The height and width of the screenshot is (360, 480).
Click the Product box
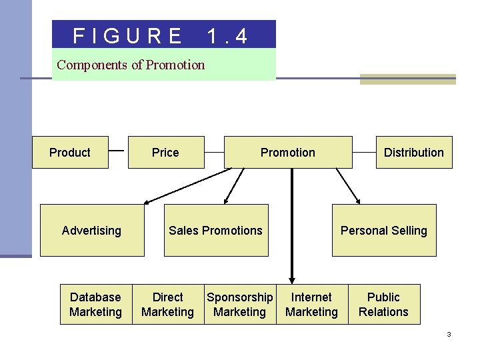tap(70, 153)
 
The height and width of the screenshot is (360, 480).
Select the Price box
tap(165, 153)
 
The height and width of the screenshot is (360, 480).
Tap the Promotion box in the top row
tap(287, 153)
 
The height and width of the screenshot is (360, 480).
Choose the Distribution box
tap(413, 153)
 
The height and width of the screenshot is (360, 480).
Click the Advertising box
tap(92, 231)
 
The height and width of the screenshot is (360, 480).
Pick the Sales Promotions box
tap(216, 231)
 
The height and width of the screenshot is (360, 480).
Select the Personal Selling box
tap(384, 231)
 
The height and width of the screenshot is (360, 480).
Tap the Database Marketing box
tap(95, 305)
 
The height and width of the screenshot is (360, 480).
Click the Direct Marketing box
tap(167, 305)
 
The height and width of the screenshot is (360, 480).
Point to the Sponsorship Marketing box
tap(239, 305)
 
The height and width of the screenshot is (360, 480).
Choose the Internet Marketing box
tap(311, 305)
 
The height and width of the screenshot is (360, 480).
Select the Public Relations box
tap(383, 305)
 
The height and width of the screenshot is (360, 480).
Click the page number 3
tap(449, 334)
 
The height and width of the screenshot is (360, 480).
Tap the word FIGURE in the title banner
tap(127, 35)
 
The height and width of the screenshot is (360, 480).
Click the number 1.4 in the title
tap(227, 35)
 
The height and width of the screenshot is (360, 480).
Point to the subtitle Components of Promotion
tap(131, 65)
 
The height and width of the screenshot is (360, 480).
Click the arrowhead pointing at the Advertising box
tap(148, 201)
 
